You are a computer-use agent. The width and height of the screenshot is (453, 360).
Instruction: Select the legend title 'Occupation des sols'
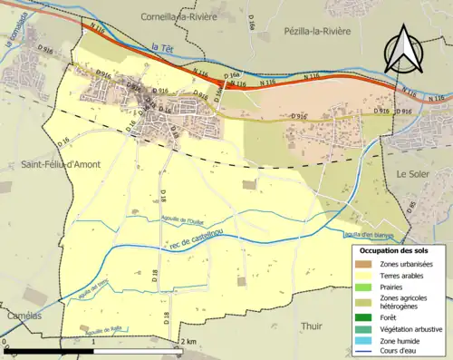(x=394, y=249)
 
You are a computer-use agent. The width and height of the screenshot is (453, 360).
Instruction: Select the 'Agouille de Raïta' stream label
(x=104, y=329)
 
